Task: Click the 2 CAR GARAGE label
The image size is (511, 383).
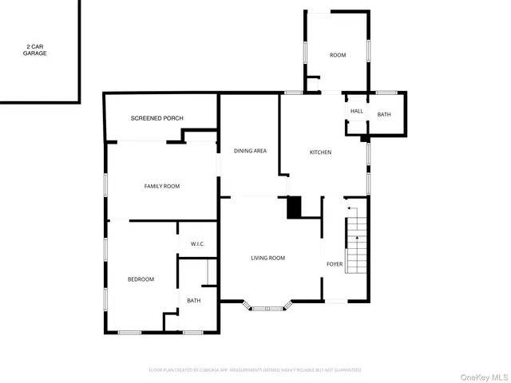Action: tap(34, 50)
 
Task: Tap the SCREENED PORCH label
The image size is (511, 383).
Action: tap(157, 118)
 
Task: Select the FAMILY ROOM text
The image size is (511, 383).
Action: tap(162, 186)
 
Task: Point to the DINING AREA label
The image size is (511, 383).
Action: tap(250, 151)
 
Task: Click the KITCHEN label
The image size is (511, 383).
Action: tap(320, 152)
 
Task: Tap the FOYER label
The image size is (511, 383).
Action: tap(335, 263)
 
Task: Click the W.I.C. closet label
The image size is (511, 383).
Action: tap(197, 244)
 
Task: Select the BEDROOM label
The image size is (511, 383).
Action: tap(141, 279)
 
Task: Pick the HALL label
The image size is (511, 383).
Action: tap(357, 111)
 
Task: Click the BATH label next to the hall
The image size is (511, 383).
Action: tap(384, 115)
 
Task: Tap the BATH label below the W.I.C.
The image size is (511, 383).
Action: tap(194, 300)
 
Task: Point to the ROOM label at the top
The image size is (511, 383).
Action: tap(338, 55)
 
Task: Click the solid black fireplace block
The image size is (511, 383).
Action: tap(295, 207)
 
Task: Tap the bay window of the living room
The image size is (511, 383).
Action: tap(267, 306)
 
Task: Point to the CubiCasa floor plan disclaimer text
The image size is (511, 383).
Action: tap(255, 370)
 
